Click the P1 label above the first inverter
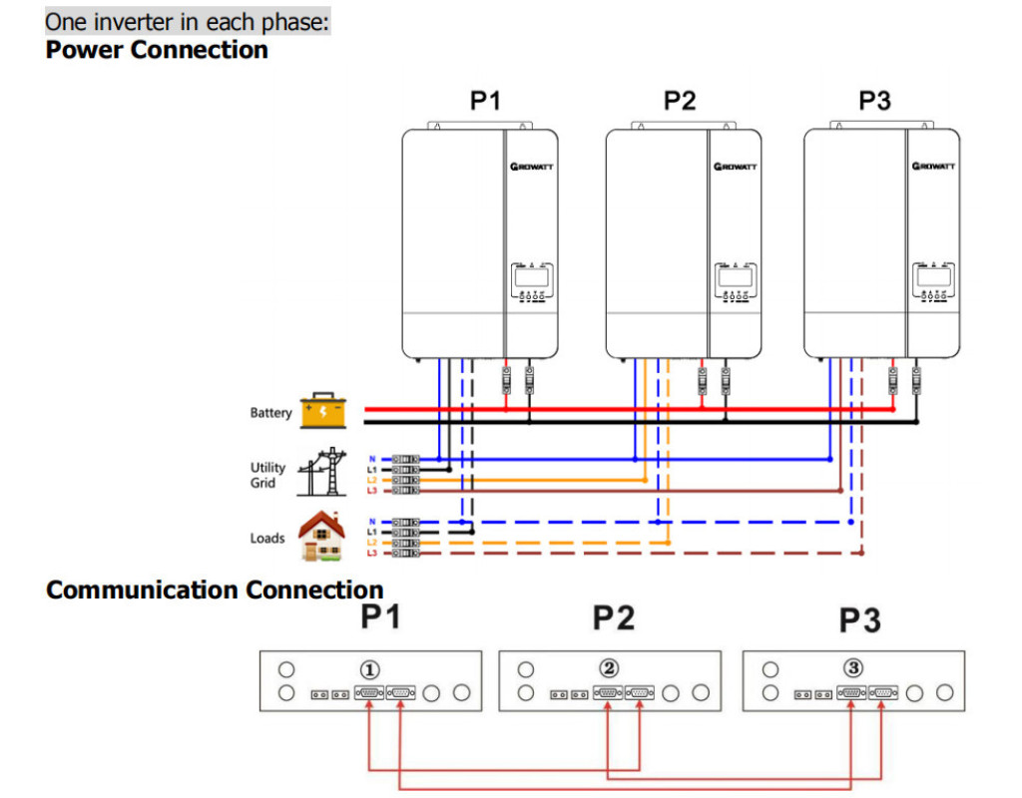coord(485,101)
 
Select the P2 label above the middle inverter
coord(680,101)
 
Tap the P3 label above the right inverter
coord(874,101)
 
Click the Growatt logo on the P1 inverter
coord(531,167)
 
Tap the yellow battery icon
coord(322,411)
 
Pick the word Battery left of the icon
coord(270,413)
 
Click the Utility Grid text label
coord(267,475)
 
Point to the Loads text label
coord(267,539)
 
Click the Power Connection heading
coord(157,50)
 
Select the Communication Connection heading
coord(215,590)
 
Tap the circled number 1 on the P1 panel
coord(369,669)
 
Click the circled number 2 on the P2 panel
coord(610,668)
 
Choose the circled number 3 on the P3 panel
coord(853,668)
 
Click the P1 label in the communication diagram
coord(380,618)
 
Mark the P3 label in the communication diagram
coord(859,621)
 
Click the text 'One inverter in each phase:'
coord(188,21)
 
